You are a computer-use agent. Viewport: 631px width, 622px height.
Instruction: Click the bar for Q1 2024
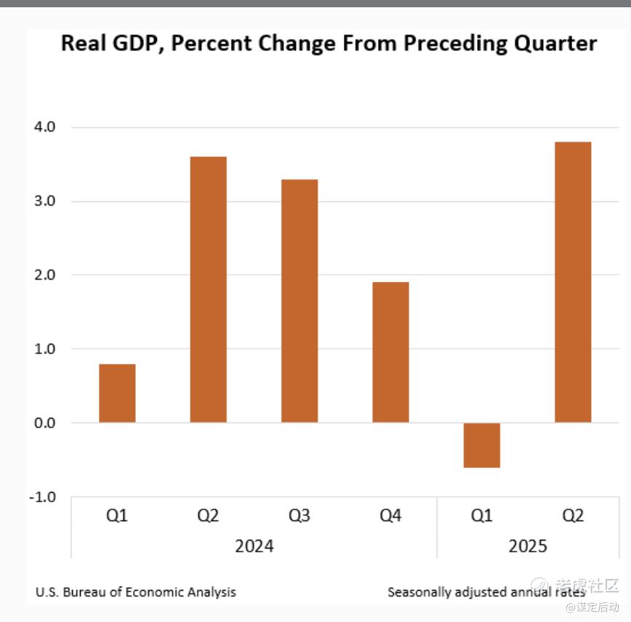[117, 393]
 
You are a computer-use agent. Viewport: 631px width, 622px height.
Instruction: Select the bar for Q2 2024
[208, 289]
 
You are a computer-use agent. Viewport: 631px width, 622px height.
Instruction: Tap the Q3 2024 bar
[299, 301]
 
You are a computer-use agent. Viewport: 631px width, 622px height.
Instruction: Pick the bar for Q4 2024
[390, 352]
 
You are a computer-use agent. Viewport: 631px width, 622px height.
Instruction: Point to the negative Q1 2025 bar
[481, 445]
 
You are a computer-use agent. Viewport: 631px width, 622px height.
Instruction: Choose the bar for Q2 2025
[573, 282]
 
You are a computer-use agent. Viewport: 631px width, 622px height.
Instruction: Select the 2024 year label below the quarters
[254, 546]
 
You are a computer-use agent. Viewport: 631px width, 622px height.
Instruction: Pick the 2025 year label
[527, 546]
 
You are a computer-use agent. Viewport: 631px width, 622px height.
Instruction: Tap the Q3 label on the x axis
[299, 516]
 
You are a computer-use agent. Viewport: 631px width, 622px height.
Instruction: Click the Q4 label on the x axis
[390, 516]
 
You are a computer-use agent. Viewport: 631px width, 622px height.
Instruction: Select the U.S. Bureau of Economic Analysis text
[136, 592]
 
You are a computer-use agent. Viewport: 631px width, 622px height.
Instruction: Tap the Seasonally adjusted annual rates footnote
[486, 592]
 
